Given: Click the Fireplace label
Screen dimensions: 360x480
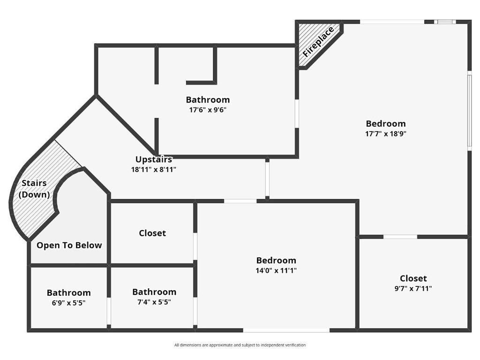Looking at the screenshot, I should tap(318, 42).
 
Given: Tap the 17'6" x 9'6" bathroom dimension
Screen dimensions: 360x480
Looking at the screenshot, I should tap(208, 110).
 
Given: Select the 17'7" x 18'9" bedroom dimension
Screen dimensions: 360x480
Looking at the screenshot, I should tap(386, 134).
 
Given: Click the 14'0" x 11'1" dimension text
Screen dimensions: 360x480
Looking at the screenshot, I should tap(276, 270).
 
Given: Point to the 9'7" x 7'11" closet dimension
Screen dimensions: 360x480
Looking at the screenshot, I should tap(413, 289).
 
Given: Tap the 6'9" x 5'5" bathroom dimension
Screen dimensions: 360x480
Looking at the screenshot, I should tap(68, 303).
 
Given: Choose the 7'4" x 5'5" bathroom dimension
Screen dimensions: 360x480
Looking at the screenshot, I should tap(154, 302).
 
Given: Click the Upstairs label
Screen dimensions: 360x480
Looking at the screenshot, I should tap(154, 159).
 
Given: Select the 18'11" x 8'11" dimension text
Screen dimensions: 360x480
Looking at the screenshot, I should tap(154, 170).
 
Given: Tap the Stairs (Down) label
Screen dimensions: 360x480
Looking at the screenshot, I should tap(34, 188).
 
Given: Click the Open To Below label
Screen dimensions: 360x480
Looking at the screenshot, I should tap(69, 245).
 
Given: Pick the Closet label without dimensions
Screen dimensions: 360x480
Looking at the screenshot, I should tap(152, 233).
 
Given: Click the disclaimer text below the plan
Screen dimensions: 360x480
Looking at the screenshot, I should tap(240, 345).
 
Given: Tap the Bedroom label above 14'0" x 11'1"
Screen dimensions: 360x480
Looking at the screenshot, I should tap(276, 261).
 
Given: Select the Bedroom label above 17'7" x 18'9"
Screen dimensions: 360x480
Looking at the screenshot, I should tap(386, 124).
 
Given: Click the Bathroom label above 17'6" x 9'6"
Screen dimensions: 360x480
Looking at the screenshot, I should tap(208, 99).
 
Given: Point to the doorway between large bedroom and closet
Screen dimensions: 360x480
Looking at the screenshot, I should tap(400, 237).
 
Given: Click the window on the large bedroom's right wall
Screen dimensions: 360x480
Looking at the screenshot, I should tap(469, 112).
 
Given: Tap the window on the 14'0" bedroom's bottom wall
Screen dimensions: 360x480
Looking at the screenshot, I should tap(286, 330).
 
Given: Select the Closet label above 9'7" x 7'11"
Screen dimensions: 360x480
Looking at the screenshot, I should tap(413, 278).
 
